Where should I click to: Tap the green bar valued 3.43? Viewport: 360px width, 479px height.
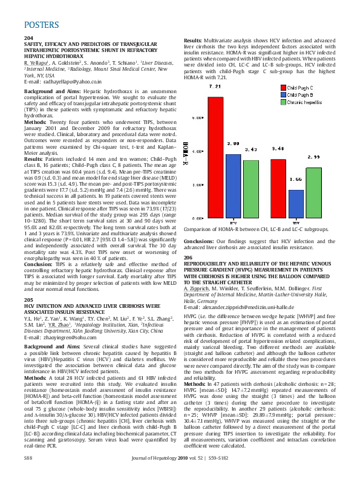(x=250, y=189)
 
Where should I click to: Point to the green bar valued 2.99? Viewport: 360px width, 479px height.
(x=313, y=193)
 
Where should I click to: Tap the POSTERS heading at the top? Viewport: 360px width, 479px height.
(x=42, y=25)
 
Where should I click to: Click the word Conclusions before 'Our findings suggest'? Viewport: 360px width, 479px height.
(x=201, y=241)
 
